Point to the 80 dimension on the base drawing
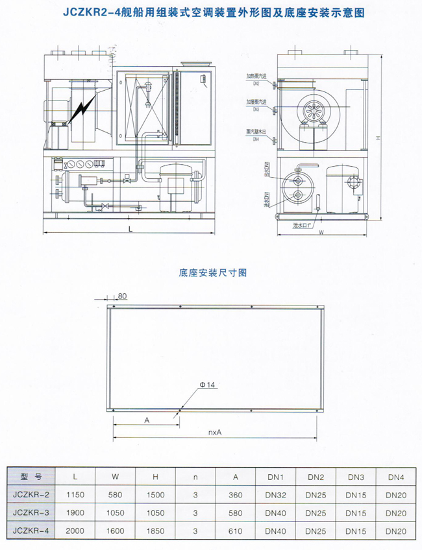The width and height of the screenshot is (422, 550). tap(123, 296)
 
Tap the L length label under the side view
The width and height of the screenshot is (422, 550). tap(130, 230)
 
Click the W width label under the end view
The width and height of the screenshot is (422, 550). tap(321, 232)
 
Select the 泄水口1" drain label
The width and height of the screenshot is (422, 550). tap(303, 225)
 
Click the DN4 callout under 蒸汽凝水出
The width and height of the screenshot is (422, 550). tap(256, 139)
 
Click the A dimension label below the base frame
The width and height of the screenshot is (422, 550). tap(147, 420)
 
